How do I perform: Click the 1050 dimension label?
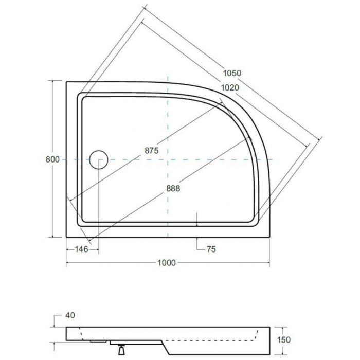(232, 73)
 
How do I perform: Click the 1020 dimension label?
(230, 87)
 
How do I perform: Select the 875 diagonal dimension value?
(152, 150)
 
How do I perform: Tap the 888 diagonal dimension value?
(173, 189)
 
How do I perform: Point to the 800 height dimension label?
(52, 159)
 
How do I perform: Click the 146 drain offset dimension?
(81, 249)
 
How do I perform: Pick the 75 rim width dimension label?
(211, 249)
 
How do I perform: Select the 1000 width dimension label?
(167, 262)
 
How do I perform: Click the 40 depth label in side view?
(70, 315)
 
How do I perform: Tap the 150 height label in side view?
(284, 339)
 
